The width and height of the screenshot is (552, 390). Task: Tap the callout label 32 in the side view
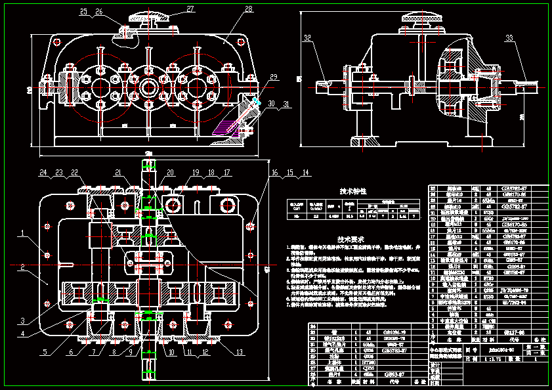tap(308, 38)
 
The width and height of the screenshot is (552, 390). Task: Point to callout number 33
tap(510, 38)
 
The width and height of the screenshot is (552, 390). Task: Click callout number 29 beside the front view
tap(273, 77)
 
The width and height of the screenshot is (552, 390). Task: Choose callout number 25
tap(83, 12)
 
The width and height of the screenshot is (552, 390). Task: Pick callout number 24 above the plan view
tap(43, 173)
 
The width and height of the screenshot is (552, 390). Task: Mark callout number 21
tap(118, 173)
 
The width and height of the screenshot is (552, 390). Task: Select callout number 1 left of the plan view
tap(22, 232)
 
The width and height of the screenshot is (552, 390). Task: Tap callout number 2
tap(22, 267)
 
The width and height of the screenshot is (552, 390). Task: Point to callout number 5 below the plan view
tap(45, 353)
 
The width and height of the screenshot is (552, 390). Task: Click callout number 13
tap(238, 353)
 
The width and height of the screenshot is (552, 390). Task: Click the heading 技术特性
tap(352, 192)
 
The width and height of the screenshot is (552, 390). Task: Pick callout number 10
tap(171, 353)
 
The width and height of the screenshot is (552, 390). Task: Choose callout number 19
tap(196, 173)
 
